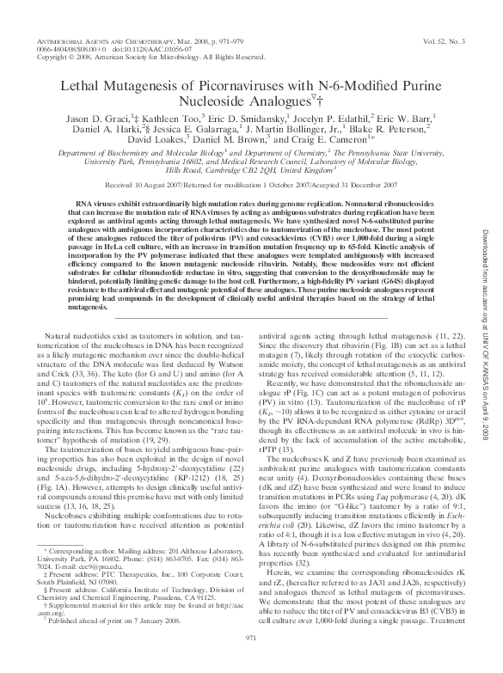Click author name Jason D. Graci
[100, 119]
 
